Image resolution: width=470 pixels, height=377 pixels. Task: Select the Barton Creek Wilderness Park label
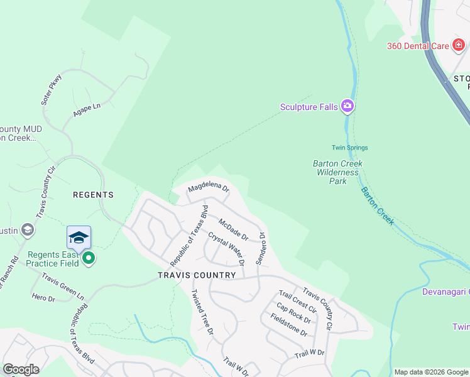click(339, 172)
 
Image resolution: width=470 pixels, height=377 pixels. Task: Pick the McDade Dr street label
click(234, 229)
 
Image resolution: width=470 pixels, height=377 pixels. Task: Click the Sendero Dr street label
click(260, 248)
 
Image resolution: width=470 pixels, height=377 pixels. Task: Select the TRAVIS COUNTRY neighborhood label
click(187, 275)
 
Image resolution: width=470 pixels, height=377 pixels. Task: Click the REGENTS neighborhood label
click(93, 195)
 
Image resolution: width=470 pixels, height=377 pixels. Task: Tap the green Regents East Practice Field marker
click(89, 258)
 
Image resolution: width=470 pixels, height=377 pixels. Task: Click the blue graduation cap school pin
click(79, 238)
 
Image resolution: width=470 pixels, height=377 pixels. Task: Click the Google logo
click(21, 369)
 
